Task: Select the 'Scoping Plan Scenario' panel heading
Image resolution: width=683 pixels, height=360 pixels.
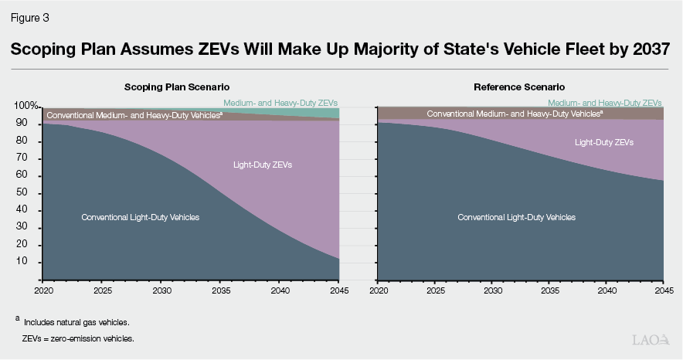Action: pyautogui.click(x=177, y=87)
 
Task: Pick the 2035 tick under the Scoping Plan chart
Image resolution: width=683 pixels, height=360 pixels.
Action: pyautogui.click(x=220, y=290)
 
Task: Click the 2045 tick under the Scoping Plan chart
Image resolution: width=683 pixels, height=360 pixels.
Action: pyautogui.click(x=338, y=290)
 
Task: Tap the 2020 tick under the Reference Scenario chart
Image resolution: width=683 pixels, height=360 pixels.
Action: pyautogui.click(x=379, y=290)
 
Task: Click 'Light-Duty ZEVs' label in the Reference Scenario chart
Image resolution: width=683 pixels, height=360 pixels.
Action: pyautogui.click(x=604, y=142)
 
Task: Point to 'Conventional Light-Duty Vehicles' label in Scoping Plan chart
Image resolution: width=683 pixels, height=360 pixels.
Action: pyautogui.click(x=141, y=217)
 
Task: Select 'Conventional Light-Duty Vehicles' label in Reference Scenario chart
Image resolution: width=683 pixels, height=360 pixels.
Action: pyautogui.click(x=516, y=217)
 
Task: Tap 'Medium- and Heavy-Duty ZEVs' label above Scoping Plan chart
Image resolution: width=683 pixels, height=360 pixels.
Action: pyautogui.click(x=280, y=103)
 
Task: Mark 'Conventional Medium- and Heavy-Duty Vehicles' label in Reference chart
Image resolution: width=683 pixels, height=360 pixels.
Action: pyautogui.click(x=515, y=114)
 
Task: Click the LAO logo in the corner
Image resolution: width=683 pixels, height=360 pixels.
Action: pyautogui.click(x=651, y=340)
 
